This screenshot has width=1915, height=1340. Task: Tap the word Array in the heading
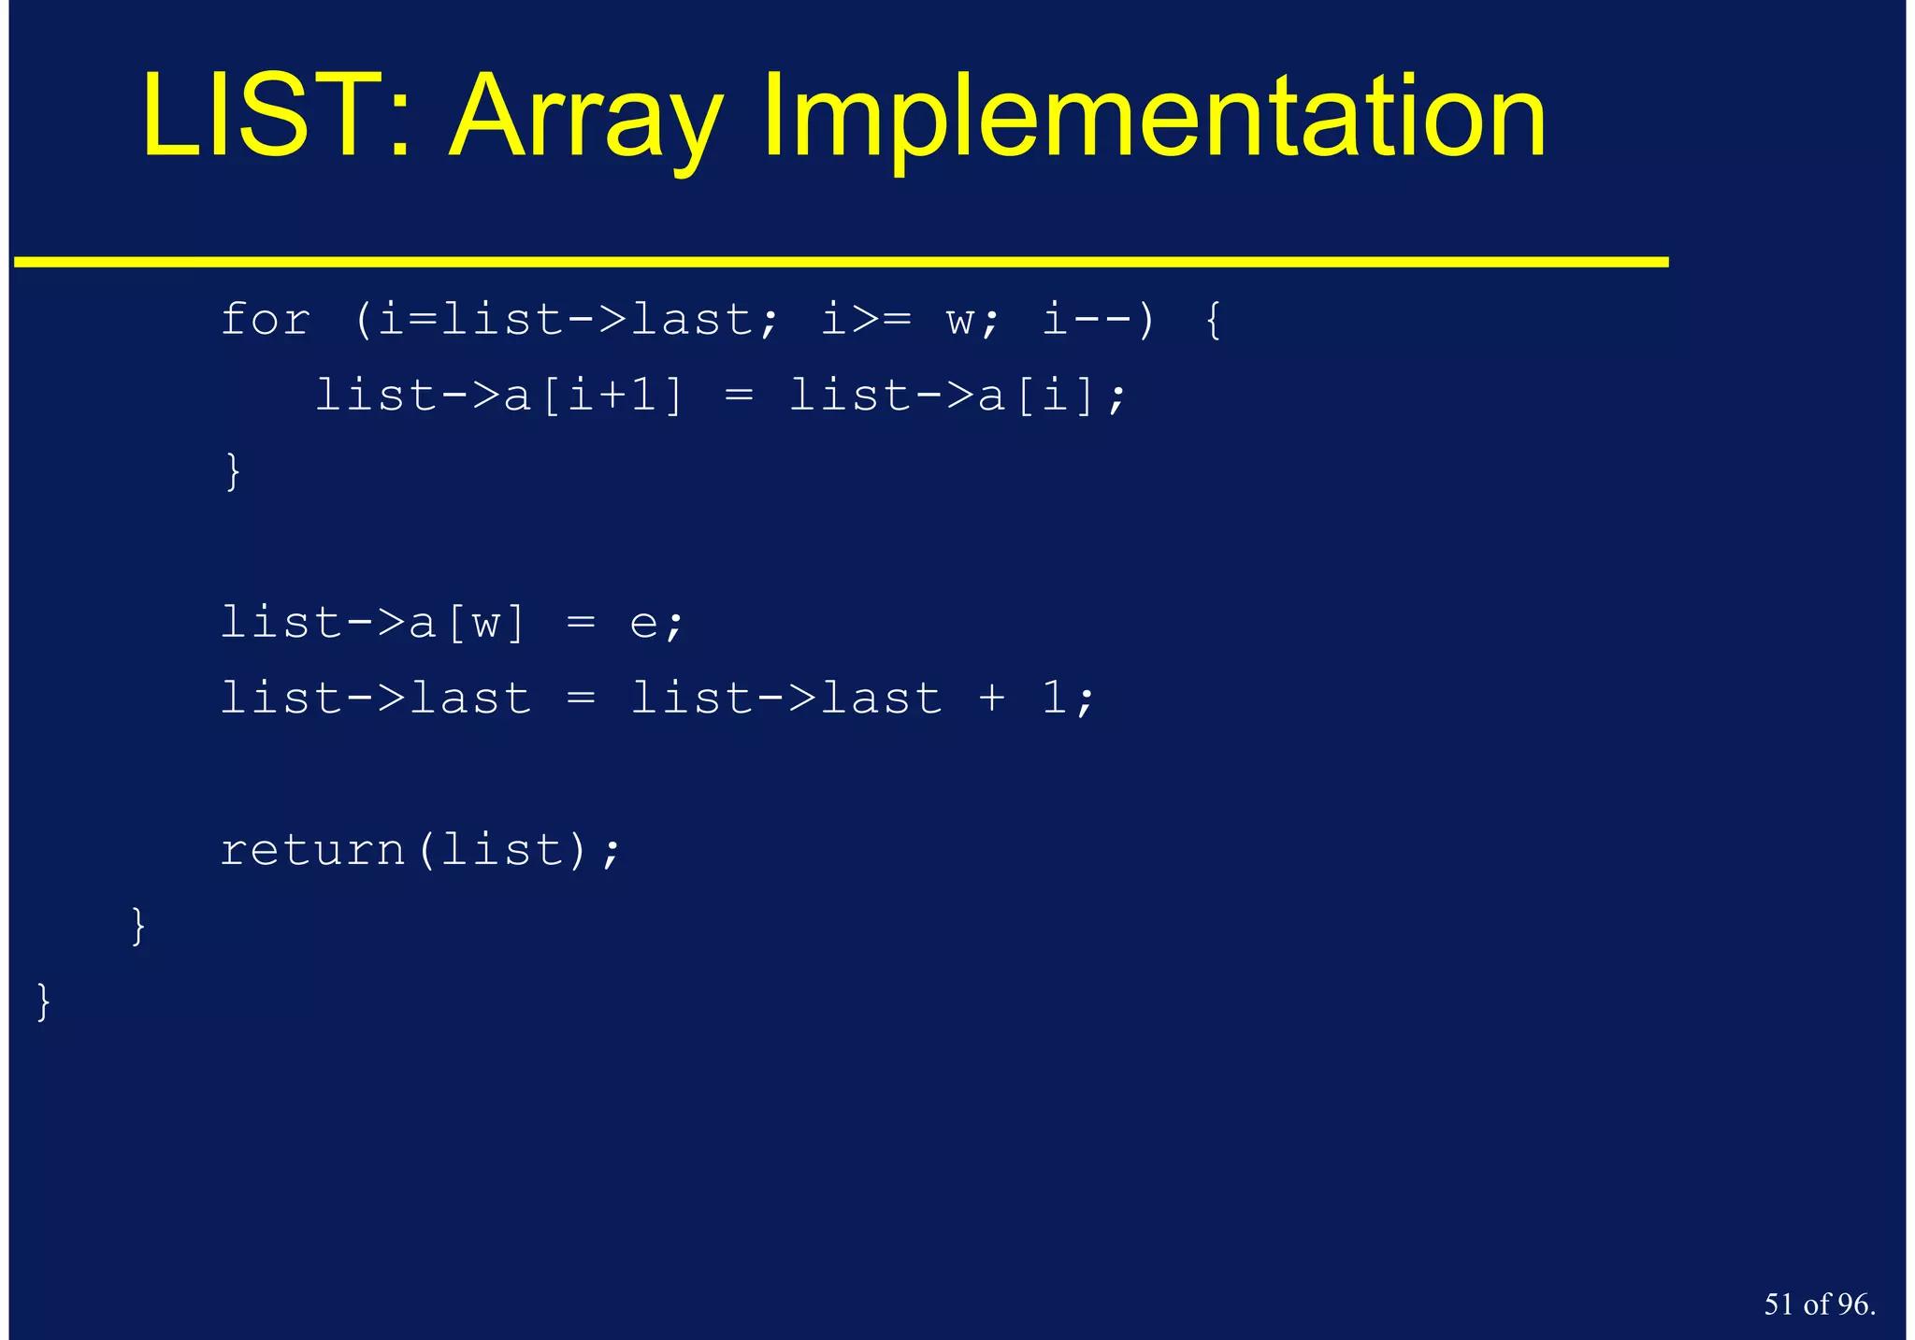tap(586, 119)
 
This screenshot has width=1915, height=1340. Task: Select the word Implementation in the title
tap(1154, 119)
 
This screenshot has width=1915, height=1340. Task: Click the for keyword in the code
tap(266, 320)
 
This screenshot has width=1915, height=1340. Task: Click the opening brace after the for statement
tap(1213, 320)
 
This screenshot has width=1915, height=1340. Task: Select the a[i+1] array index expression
tap(595, 396)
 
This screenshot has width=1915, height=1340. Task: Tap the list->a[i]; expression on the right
tap(957, 396)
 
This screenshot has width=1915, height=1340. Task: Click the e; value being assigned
tap(656, 623)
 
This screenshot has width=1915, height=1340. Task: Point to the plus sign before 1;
tap(992, 699)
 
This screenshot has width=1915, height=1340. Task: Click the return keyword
tap(312, 850)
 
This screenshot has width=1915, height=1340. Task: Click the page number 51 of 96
tap(1819, 1304)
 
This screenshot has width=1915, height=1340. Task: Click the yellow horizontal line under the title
tap(842, 263)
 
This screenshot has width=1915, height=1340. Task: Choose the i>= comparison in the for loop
tap(866, 320)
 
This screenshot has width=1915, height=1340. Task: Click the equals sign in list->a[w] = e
tap(581, 623)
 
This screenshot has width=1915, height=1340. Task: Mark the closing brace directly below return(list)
tap(138, 926)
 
